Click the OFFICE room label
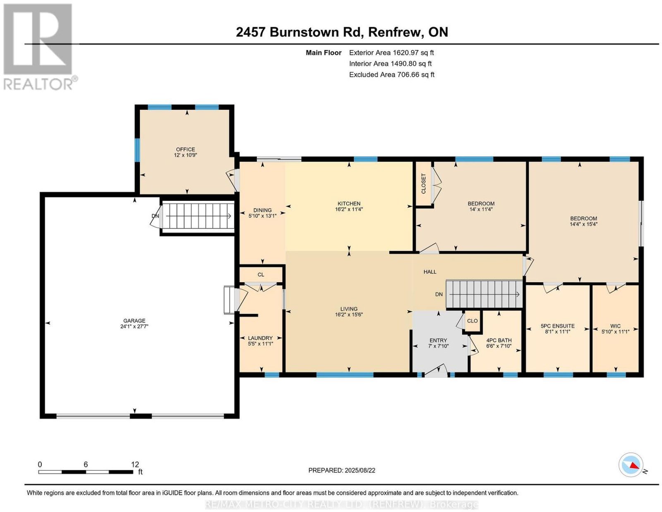click(185, 149)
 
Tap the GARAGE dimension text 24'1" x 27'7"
click(134, 326)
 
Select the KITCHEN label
click(349, 204)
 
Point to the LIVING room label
click(349, 309)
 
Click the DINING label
click(262, 210)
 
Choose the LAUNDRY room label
click(260, 338)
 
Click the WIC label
click(615, 326)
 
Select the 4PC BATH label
click(499, 341)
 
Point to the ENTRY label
click(438, 341)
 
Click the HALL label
click(430, 271)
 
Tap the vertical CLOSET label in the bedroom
click(423, 183)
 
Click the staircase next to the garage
click(198, 216)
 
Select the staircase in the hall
click(484, 294)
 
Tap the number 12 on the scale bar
click(135, 464)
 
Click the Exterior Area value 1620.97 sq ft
click(413, 52)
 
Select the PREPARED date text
click(342, 470)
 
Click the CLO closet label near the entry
click(472, 321)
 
